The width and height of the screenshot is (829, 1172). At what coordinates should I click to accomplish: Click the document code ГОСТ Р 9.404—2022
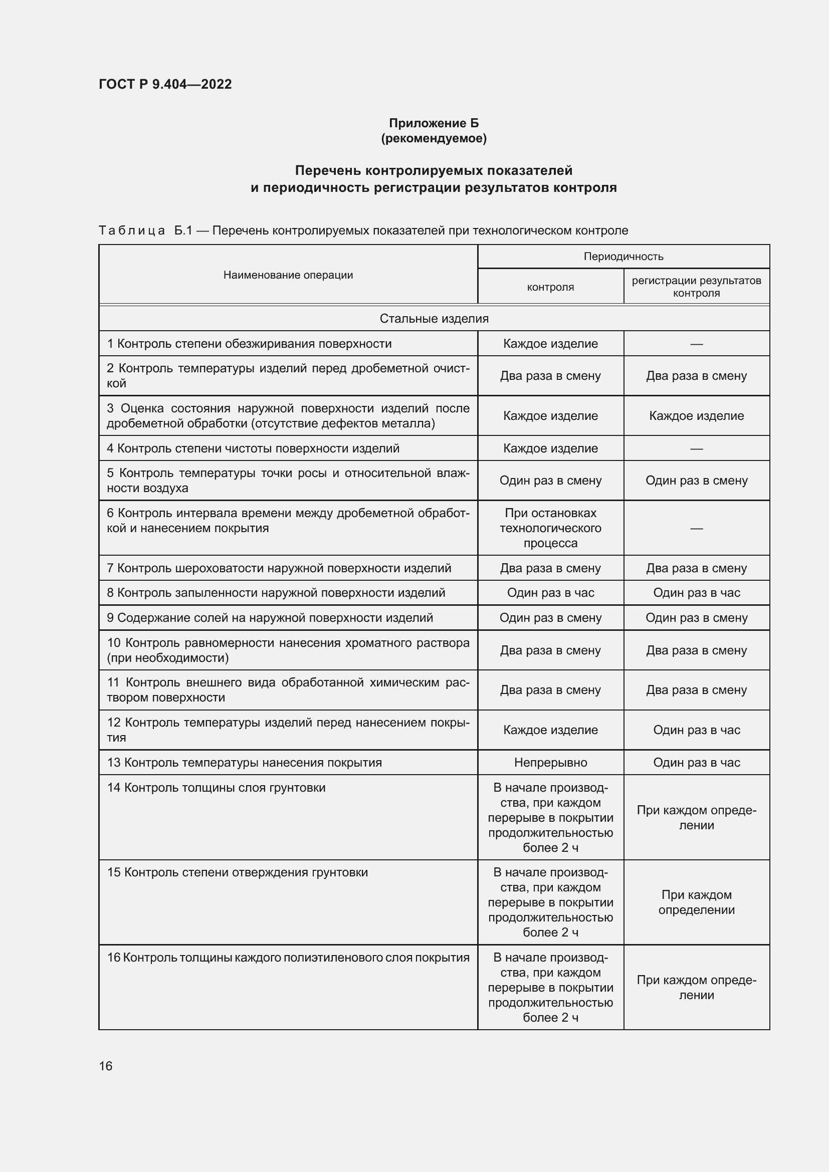(x=165, y=84)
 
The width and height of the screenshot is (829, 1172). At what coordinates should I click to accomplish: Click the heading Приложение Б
(x=434, y=123)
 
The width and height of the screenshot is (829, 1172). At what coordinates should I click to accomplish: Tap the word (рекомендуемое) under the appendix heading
(x=434, y=138)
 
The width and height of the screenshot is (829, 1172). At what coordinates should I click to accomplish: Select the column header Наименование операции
(x=288, y=275)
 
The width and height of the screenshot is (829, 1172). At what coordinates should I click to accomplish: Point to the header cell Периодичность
(x=623, y=256)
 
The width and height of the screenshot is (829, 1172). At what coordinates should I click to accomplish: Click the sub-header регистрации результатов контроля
(x=696, y=287)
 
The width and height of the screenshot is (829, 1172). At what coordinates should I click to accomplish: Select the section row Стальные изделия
(x=434, y=319)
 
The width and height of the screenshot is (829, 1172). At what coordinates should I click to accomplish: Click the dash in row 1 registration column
(x=696, y=344)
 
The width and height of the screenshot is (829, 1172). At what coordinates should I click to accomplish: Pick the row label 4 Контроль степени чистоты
(x=253, y=448)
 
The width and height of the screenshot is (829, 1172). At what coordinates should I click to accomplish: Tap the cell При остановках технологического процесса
(x=550, y=528)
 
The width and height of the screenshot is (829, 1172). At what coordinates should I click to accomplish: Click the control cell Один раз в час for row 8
(x=550, y=593)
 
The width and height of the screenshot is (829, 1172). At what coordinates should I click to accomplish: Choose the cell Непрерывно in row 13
(x=550, y=762)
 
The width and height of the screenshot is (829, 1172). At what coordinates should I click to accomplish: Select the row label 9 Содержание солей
(x=270, y=618)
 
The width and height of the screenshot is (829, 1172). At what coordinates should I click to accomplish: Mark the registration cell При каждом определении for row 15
(x=696, y=902)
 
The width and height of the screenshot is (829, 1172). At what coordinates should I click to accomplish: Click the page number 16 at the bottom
(x=106, y=1066)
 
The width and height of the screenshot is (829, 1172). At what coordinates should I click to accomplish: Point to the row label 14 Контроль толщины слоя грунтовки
(x=216, y=788)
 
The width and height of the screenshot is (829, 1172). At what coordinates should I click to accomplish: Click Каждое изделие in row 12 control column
(x=550, y=730)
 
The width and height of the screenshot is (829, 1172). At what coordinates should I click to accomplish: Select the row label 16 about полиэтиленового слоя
(x=288, y=958)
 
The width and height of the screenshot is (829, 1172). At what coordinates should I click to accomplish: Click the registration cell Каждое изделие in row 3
(x=696, y=415)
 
